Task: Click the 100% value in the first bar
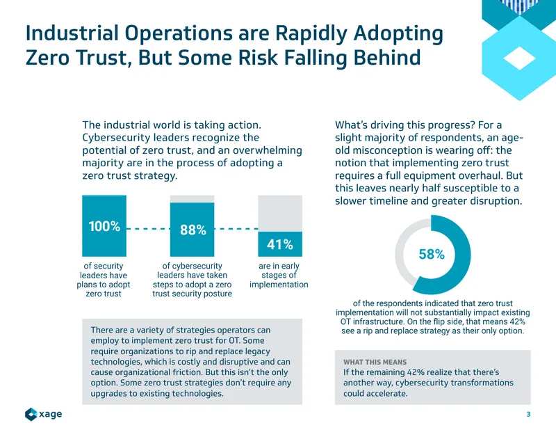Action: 104,226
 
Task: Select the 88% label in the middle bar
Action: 193,230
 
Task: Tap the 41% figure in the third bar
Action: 280,244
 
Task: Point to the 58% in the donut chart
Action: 432,254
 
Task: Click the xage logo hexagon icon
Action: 31,414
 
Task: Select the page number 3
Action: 528,414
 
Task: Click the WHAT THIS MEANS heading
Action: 375,363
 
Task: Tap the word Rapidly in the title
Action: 311,33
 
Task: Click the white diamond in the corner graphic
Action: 519,58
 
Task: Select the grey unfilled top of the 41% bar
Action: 280,214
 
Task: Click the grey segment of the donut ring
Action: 409,248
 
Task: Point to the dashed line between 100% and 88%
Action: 148,229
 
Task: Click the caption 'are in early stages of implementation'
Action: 279,275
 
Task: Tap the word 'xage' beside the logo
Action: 50,414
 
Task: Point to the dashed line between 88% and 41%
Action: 236,229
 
